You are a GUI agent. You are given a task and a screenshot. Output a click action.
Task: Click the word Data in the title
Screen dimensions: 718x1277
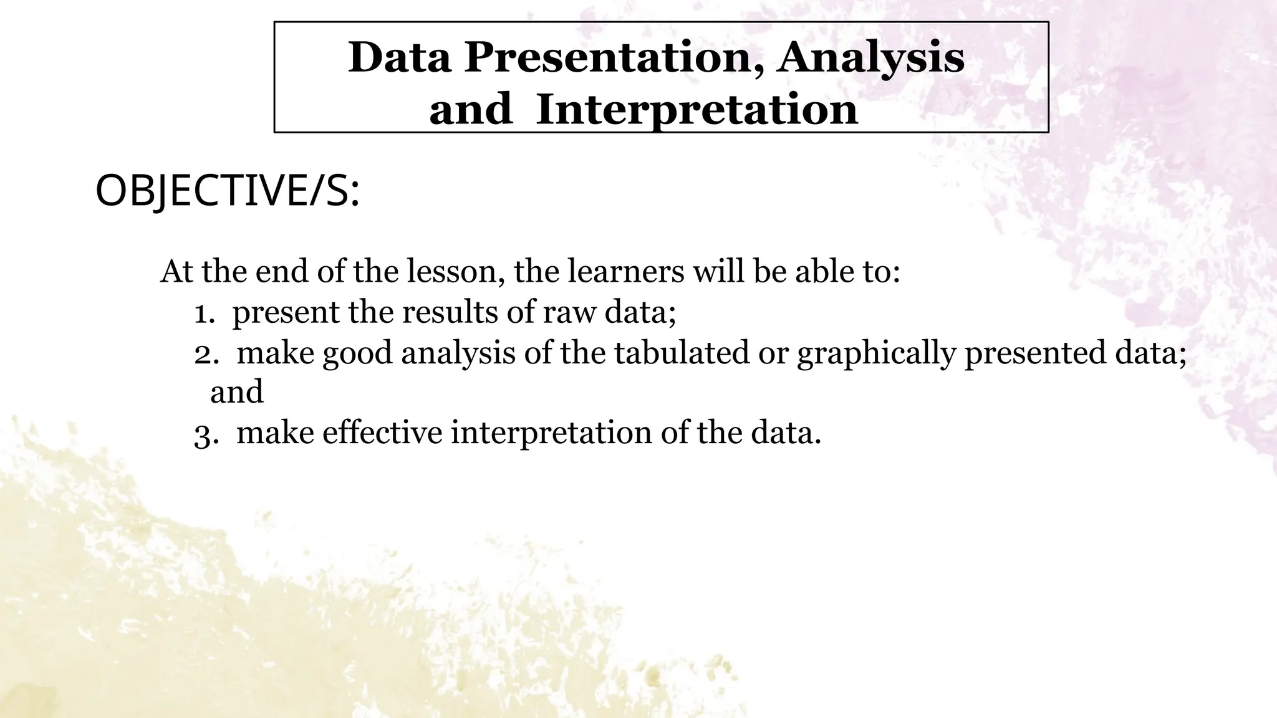tap(399, 57)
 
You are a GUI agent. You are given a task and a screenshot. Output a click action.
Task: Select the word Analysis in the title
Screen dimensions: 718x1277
tap(870, 57)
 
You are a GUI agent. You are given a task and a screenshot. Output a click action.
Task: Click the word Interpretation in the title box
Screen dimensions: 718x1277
tap(696, 110)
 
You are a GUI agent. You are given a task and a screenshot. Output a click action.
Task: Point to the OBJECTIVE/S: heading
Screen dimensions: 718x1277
tap(228, 191)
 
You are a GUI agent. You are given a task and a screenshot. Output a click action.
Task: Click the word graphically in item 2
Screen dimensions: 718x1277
tap(875, 354)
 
